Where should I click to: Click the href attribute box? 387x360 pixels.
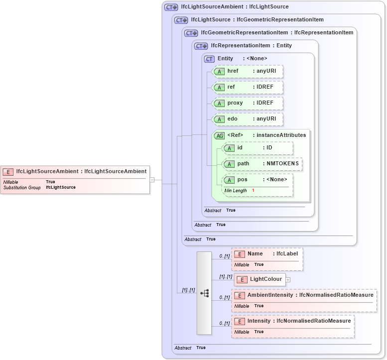coord(248,71)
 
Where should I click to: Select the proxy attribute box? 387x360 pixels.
coord(248,103)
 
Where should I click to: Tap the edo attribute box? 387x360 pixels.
coord(248,119)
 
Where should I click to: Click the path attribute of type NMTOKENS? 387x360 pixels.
coord(262,164)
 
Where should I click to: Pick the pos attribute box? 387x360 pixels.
coord(258,180)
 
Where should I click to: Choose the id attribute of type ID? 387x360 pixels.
coord(258,148)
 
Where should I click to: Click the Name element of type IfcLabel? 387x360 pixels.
coord(267,254)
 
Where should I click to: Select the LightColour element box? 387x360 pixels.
coord(260,279)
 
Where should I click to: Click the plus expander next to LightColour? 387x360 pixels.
coord(288,280)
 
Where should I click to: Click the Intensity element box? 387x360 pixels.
coord(293,321)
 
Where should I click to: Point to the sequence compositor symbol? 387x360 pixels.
coord(204,293)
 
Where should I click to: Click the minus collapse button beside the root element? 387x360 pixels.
coord(152,180)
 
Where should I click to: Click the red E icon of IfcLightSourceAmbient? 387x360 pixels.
coord(8,172)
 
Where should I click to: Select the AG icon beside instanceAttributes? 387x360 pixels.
coord(219,135)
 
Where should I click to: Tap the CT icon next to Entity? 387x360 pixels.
coord(209,59)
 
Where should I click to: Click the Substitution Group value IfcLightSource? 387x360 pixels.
coord(61,188)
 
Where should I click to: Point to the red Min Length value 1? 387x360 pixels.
coord(253,191)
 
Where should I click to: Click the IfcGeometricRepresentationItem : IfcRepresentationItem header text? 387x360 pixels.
coord(277,33)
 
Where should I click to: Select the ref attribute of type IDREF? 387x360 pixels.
coord(248,87)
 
